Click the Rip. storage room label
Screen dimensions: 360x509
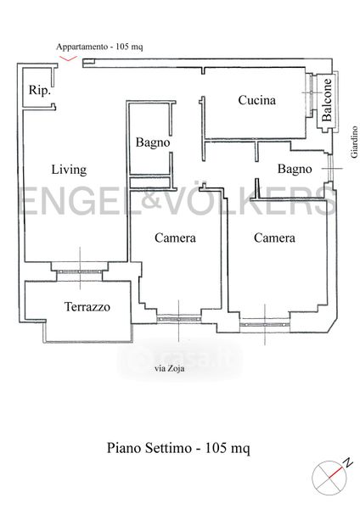click(x=40, y=90)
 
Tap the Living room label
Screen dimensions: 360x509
click(x=69, y=170)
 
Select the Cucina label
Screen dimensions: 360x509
click(x=256, y=100)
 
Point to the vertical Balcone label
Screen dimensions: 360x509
click(x=327, y=100)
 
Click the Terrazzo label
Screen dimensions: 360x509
click(x=87, y=307)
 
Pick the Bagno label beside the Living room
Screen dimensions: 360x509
click(x=153, y=143)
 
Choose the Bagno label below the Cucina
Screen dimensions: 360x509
click(x=295, y=169)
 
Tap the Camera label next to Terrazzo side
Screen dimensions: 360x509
click(x=175, y=238)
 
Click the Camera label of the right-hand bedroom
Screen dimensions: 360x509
click(x=274, y=238)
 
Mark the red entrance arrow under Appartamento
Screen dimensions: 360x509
click(x=68, y=59)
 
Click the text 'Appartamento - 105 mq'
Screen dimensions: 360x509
click(x=99, y=47)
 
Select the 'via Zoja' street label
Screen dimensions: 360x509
click(x=169, y=368)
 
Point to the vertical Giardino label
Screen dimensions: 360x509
click(x=354, y=142)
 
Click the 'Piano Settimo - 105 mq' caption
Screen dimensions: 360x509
click(x=178, y=448)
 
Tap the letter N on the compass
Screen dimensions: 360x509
click(x=349, y=462)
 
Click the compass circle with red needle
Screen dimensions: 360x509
click(x=329, y=478)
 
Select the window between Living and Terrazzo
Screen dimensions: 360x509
click(x=79, y=271)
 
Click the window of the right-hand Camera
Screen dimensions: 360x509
click(x=264, y=324)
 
